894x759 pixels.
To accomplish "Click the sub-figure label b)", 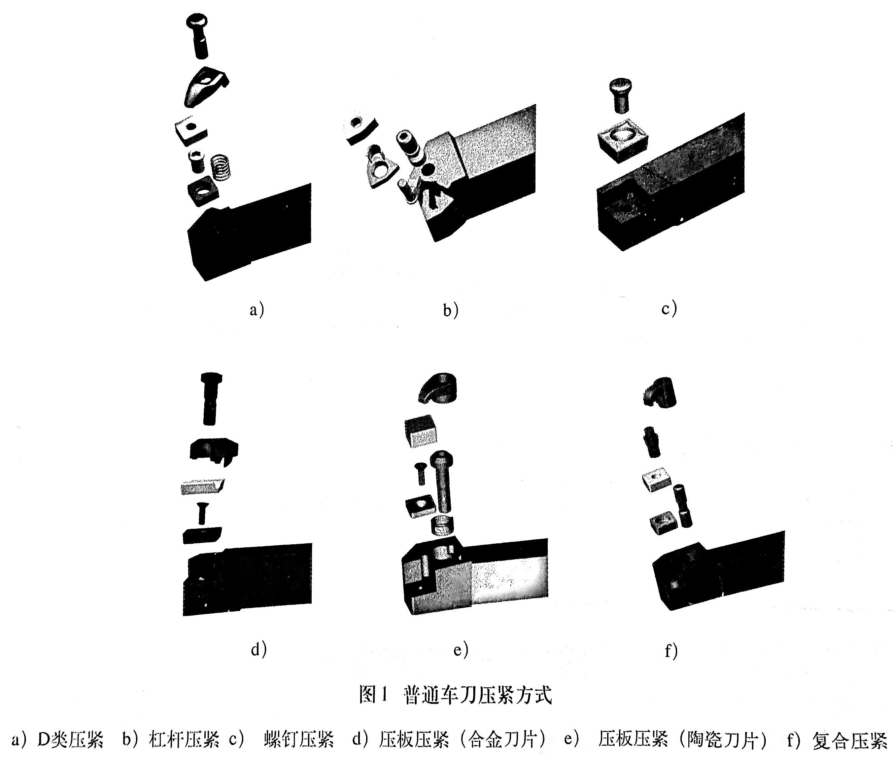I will pyautogui.click(x=451, y=310).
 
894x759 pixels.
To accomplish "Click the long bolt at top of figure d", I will pyautogui.click(x=211, y=398).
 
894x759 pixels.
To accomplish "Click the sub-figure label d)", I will pyautogui.click(x=258, y=649).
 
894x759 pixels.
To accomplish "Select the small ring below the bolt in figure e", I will pyautogui.click(x=442, y=526).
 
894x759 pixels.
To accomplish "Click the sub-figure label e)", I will pyautogui.click(x=461, y=650).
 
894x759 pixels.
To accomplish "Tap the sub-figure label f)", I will pyautogui.click(x=671, y=651).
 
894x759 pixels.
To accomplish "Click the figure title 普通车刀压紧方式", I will pyautogui.click(x=477, y=695).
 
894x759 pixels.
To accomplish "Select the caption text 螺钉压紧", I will pyautogui.click(x=299, y=739).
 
